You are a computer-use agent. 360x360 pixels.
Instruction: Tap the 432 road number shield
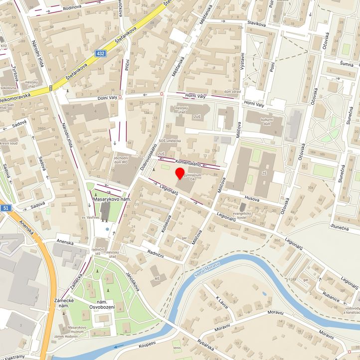tap(102, 53)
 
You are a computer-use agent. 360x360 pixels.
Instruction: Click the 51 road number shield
tap(5, 208)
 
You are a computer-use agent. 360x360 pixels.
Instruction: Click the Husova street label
tap(252, 198)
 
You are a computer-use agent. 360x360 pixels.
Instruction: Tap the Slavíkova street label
tap(254, 23)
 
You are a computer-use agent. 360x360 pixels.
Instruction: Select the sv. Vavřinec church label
tap(91, 218)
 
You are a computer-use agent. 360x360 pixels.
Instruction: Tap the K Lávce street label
tap(221, 302)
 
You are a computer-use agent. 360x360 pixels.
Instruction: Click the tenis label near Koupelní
tap(177, 348)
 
